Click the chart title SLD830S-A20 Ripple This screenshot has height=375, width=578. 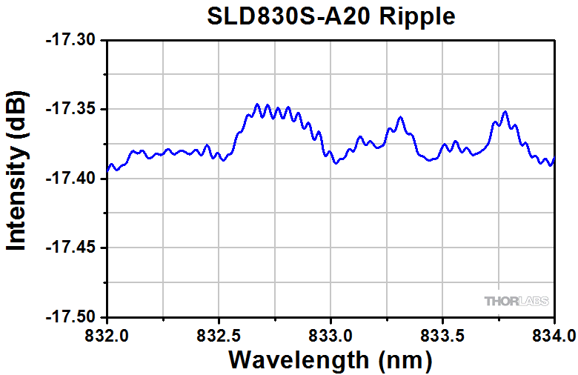(x=330, y=16)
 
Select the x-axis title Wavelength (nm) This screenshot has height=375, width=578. (x=330, y=359)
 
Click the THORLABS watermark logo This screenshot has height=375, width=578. (x=516, y=301)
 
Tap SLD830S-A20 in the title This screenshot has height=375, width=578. (x=286, y=16)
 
